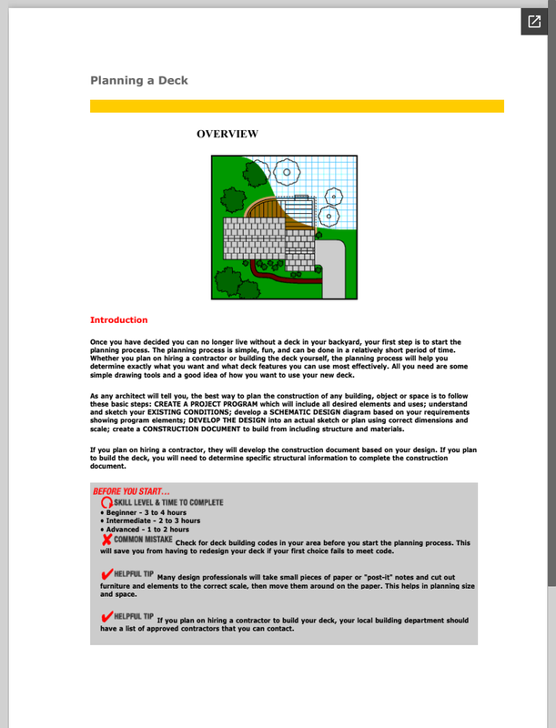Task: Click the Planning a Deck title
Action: tap(138, 80)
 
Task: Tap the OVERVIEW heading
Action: tap(227, 134)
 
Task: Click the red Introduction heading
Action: tap(119, 320)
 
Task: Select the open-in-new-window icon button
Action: tap(534, 21)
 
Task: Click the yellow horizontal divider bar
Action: tap(297, 106)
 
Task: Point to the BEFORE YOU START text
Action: tap(131, 491)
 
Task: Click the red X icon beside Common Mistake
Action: tap(106, 540)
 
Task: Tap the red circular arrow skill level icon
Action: tap(106, 502)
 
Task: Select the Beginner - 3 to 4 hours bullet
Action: tap(144, 512)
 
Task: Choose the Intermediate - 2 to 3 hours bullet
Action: tap(150, 521)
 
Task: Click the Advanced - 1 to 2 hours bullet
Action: tap(145, 530)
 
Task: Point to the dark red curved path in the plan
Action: tap(278, 278)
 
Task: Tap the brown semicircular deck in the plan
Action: tap(265, 209)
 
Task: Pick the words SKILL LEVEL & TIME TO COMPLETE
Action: tap(168, 502)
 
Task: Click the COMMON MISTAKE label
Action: tap(143, 540)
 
